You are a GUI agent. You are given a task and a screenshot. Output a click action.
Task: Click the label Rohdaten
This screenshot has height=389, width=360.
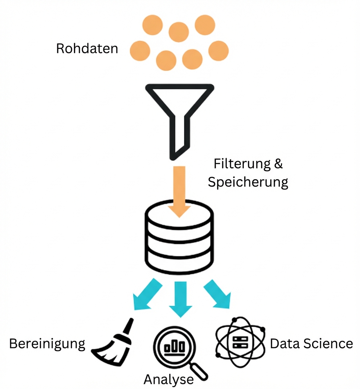(x=87, y=48)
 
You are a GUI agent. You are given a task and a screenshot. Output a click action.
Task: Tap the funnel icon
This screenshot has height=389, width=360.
(x=179, y=109)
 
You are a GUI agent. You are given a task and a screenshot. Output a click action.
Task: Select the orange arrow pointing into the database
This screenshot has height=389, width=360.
(x=179, y=191)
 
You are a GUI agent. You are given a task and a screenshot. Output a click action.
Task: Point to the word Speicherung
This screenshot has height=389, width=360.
(x=248, y=182)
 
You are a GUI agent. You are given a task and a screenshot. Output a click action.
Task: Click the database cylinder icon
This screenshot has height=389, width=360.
(x=179, y=239)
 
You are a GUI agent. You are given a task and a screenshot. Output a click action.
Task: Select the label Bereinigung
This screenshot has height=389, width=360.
(x=47, y=344)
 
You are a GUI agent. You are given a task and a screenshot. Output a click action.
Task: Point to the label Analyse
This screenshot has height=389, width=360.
(x=168, y=380)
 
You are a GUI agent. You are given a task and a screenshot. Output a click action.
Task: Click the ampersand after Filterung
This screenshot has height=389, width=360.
(x=278, y=164)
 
